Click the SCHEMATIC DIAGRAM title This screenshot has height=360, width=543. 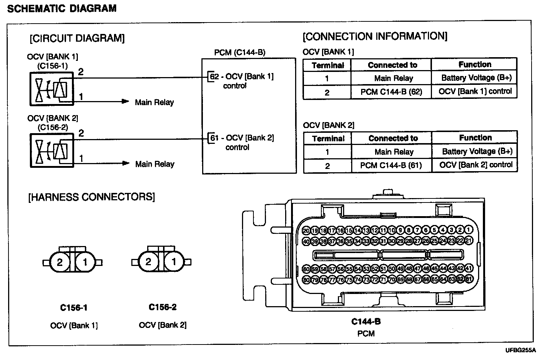pos(62,8)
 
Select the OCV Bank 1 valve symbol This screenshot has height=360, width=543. pos(52,89)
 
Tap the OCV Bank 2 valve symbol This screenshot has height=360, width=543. pos(52,150)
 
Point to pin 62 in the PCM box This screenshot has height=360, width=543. pos(214,77)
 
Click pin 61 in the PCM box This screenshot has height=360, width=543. pos(214,138)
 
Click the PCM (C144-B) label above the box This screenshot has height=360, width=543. pos(240,52)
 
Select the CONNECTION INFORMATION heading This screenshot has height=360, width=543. pos(375,36)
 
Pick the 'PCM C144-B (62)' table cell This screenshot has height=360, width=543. pos(391,92)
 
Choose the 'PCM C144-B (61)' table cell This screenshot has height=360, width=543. pos(391,165)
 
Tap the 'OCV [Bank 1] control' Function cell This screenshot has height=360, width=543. pos(475,91)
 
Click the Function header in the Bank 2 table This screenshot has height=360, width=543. pos(475,138)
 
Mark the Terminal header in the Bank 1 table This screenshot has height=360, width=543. pos(328,66)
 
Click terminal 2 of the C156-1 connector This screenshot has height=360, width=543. pos(60,262)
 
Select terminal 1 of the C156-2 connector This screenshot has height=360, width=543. pos(174,262)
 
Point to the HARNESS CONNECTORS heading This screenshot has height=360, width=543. pos(91,197)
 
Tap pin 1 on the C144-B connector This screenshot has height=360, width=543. pos(469,230)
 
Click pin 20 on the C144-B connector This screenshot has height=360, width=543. pos(306,231)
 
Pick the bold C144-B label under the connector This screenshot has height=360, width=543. pos(366,322)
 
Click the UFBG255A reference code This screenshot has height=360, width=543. pos(520,350)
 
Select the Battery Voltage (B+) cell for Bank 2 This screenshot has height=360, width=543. pos(477,151)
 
